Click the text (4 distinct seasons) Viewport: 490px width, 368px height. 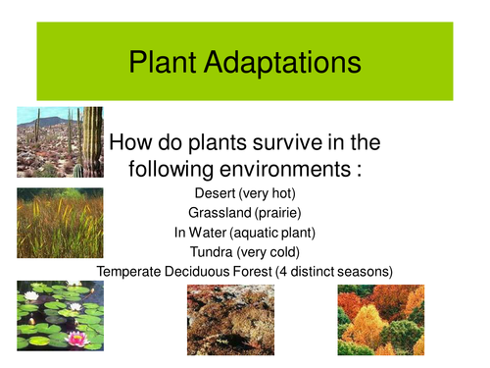(328, 270)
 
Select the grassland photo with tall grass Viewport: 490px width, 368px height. (60, 223)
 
